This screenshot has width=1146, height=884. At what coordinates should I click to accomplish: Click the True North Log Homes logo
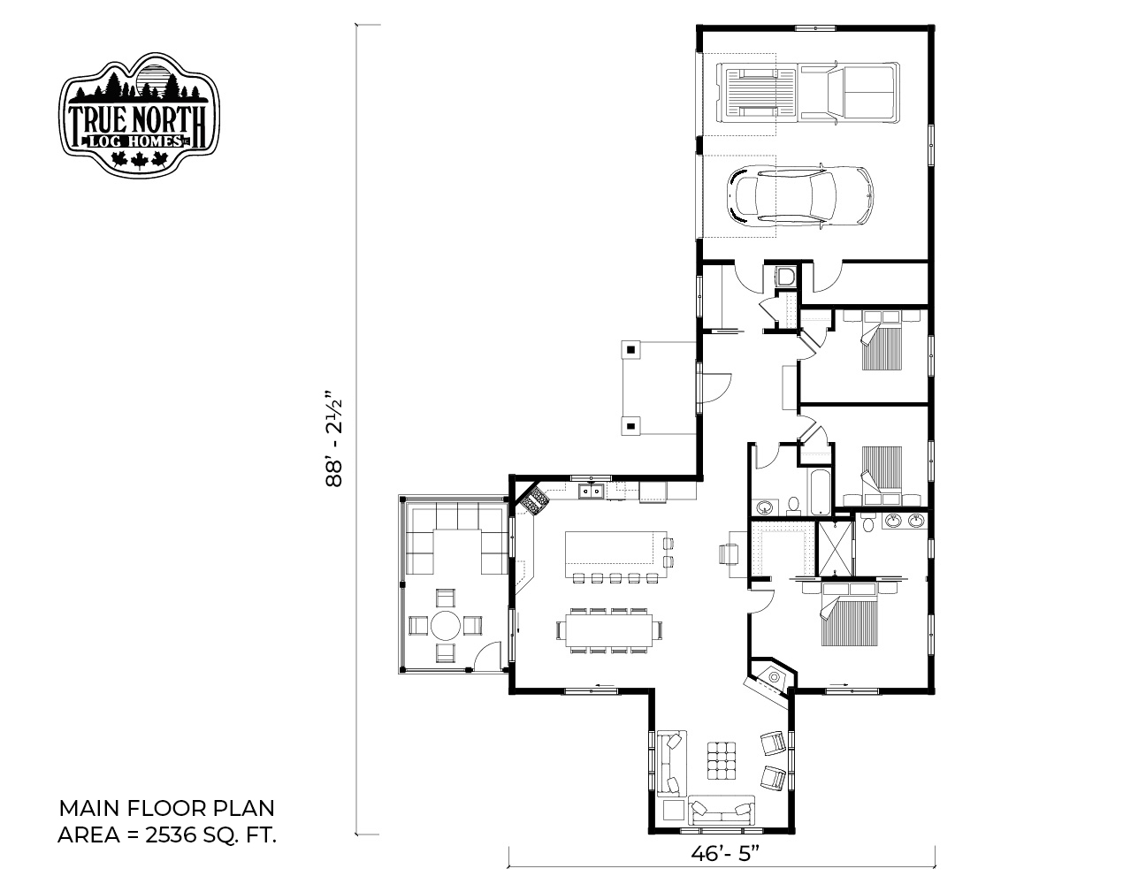(139, 114)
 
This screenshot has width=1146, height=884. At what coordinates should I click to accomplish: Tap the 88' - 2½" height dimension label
(335, 438)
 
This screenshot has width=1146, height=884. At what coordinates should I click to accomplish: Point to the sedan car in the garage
(800, 196)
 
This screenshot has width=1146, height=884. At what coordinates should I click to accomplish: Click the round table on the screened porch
(446, 626)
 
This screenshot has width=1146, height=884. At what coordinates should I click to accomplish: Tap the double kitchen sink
(591, 492)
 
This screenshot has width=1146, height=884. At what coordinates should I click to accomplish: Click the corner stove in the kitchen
(534, 499)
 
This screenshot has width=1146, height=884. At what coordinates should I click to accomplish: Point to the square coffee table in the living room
(721, 760)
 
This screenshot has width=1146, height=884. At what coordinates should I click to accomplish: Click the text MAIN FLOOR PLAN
(166, 808)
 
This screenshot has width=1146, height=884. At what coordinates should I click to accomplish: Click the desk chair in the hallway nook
(729, 554)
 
